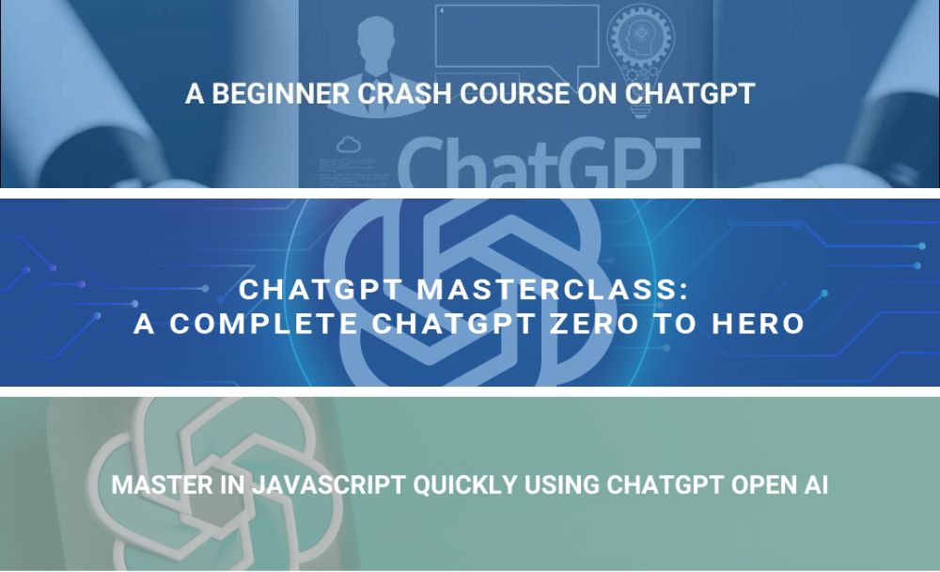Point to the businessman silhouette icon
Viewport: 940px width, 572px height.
(x=375, y=63)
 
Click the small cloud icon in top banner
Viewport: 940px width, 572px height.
(x=349, y=145)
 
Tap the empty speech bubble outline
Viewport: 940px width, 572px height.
(x=517, y=45)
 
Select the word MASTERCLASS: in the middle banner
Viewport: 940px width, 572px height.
(x=552, y=289)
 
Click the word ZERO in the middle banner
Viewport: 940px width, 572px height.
(x=595, y=324)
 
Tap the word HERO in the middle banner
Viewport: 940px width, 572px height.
(x=759, y=324)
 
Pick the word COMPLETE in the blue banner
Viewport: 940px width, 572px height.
(x=264, y=324)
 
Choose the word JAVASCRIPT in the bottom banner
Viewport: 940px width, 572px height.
(x=328, y=485)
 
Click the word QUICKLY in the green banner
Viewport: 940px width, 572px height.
(x=464, y=485)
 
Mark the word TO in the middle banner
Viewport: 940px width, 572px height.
(x=676, y=324)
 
